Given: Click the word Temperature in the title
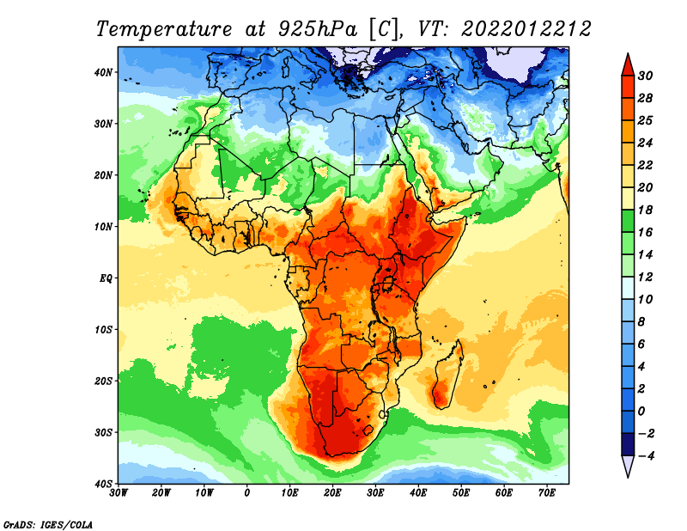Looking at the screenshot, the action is click(x=163, y=29).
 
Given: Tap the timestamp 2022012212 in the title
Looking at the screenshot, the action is click(x=526, y=29).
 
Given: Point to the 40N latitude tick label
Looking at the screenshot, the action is click(x=103, y=72).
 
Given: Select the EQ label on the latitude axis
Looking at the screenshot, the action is click(x=106, y=278).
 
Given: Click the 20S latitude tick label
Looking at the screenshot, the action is click(x=103, y=381).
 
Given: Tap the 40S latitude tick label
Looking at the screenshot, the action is click(x=103, y=484).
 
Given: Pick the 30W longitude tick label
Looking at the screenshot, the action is click(x=119, y=493).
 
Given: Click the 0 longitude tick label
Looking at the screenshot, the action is click(x=247, y=493).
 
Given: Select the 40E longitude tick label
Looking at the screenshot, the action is click(x=418, y=493).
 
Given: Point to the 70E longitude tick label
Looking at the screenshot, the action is click(x=547, y=493).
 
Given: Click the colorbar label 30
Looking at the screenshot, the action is click(x=645, y=76).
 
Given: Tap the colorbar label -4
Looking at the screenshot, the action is click(x=645, y=456).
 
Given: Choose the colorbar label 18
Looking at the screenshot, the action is click(x=645, y=210).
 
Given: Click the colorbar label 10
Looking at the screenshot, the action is click(x=645, y=300).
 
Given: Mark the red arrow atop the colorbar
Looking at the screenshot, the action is click(x=628, y=65).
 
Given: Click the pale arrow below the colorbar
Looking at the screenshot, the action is click(x=628, y=467).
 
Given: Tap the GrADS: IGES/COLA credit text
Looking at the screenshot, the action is click(x=48, y=524).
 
